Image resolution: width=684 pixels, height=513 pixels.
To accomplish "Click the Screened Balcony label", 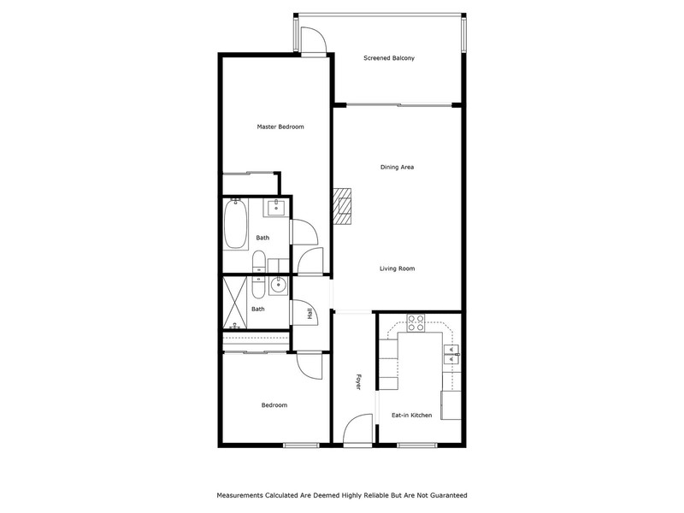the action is (389, 58).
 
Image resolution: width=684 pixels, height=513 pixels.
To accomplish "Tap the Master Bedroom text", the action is (280, 127).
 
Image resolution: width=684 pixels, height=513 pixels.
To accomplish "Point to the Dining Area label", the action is (397, 167).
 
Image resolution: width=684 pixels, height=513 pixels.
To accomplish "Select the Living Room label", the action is (397, 268).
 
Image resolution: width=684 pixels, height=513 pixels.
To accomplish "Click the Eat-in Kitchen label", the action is (412, 416).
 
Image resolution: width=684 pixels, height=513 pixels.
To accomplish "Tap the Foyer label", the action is (358, 381).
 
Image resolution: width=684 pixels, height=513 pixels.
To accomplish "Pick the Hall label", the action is (310, 313).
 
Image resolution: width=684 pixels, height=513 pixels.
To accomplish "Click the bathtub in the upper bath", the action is (236, 223).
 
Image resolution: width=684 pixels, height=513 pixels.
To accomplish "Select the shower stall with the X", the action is (235, 302).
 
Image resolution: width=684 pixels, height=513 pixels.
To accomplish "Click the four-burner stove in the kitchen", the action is (416, 323).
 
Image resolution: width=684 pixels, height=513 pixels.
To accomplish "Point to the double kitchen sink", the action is (452, 354).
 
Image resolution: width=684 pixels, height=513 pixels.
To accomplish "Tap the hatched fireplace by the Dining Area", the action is (343, 206).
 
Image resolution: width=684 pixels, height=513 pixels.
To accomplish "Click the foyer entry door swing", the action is (357, 430).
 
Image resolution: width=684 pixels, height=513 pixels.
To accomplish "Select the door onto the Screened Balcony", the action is (313, 40).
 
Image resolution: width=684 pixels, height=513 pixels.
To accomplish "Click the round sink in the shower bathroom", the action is (277, 286).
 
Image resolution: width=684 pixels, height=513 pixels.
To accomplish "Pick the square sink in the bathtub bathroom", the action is (275, 208).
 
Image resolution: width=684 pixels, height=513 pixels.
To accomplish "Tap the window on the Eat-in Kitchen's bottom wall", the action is (417, 445).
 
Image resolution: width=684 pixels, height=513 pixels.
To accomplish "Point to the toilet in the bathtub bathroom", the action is (258, 261).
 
